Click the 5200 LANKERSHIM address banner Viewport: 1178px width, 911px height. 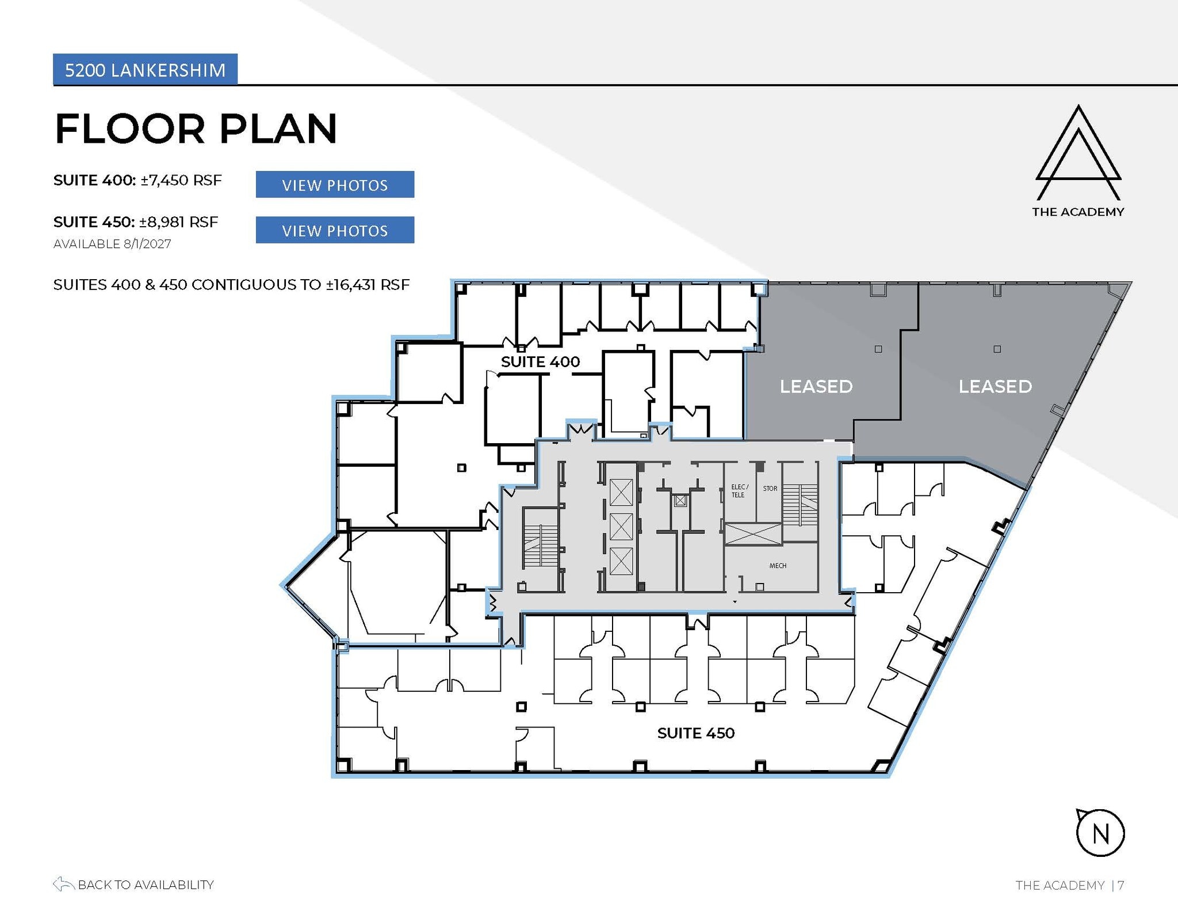click(145, 70)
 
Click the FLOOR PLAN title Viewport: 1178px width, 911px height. click(196, 128)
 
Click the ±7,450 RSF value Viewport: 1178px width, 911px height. click(181, 180)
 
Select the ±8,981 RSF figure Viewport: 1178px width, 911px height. click(178, 222)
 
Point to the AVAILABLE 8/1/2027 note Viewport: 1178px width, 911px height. click(112, 244)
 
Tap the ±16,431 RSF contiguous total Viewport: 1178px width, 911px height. click(368, 285)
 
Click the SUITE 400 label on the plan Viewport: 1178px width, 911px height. click(540, 361)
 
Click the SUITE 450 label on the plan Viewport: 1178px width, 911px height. click(695, 733)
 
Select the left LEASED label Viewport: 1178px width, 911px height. click(816, 386)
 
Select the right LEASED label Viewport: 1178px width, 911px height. click(995, 386)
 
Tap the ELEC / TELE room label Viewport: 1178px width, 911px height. click(739, 491)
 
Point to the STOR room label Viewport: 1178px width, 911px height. click(770, 489)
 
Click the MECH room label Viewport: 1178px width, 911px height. click(778, 566)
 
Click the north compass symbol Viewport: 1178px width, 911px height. click(1100, 833)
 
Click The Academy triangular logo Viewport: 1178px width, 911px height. click(1078, 153)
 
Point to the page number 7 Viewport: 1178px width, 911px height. click(1121, 885)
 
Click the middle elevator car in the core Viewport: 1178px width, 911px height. click(621, 527)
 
